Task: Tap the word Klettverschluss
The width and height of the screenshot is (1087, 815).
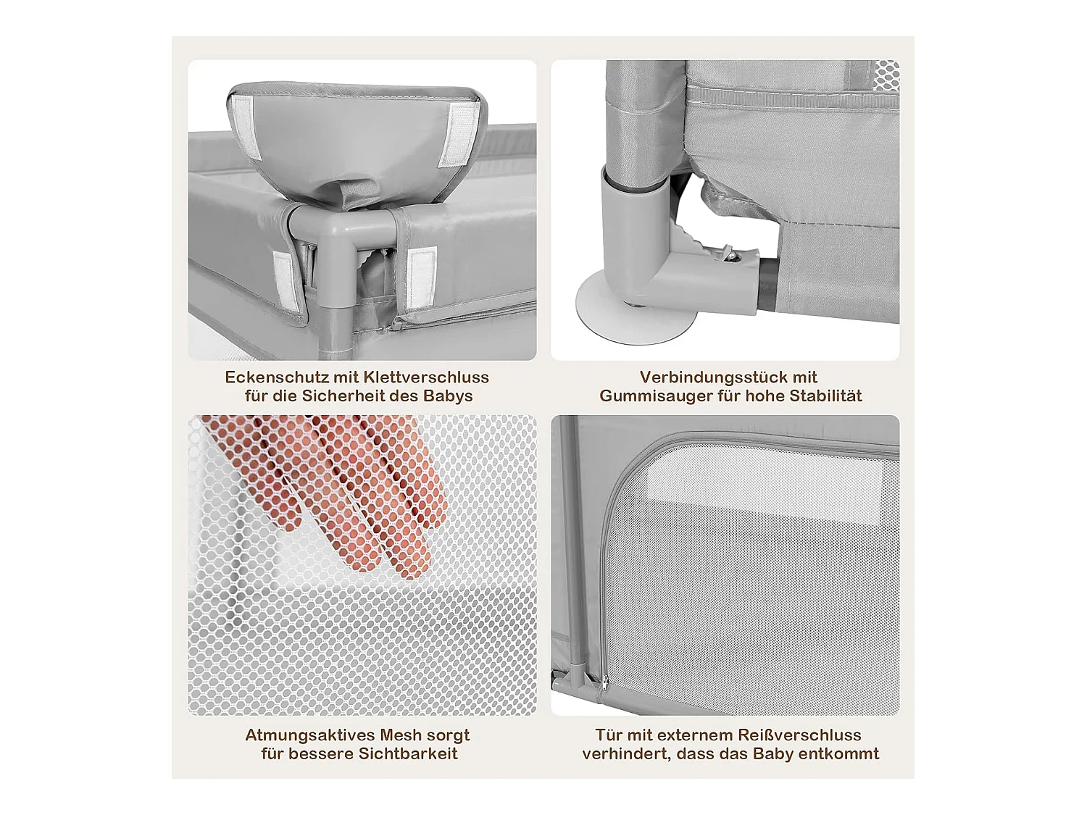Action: click(x=426, y=377)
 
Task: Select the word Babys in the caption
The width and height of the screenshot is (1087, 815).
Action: click(x=448, y=396)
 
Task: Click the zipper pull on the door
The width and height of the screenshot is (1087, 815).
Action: click(x=604, y=685)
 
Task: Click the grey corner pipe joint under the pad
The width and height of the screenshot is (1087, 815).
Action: click(x=325, y=238)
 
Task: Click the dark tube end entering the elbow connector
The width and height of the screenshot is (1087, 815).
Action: click(x=767, y=285)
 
